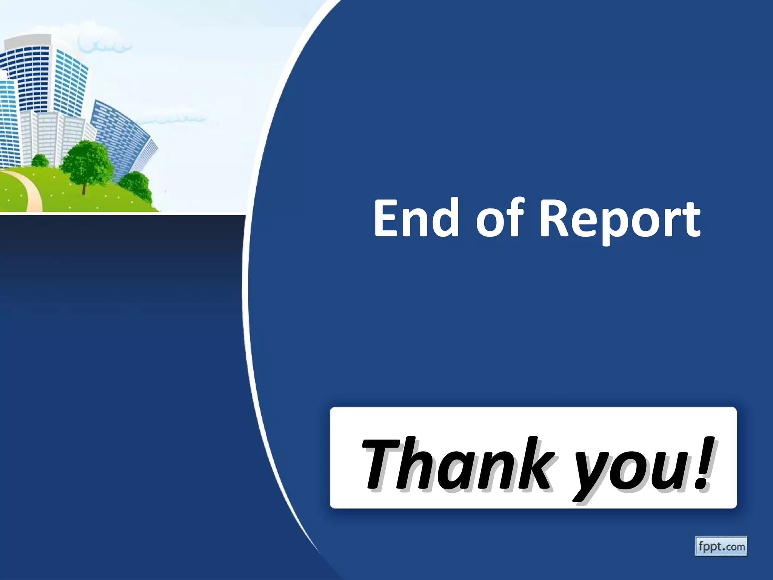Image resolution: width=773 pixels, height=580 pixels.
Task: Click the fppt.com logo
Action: [x=721, y=546]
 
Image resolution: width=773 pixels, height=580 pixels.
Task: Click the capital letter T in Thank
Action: [x=381, y=463]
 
